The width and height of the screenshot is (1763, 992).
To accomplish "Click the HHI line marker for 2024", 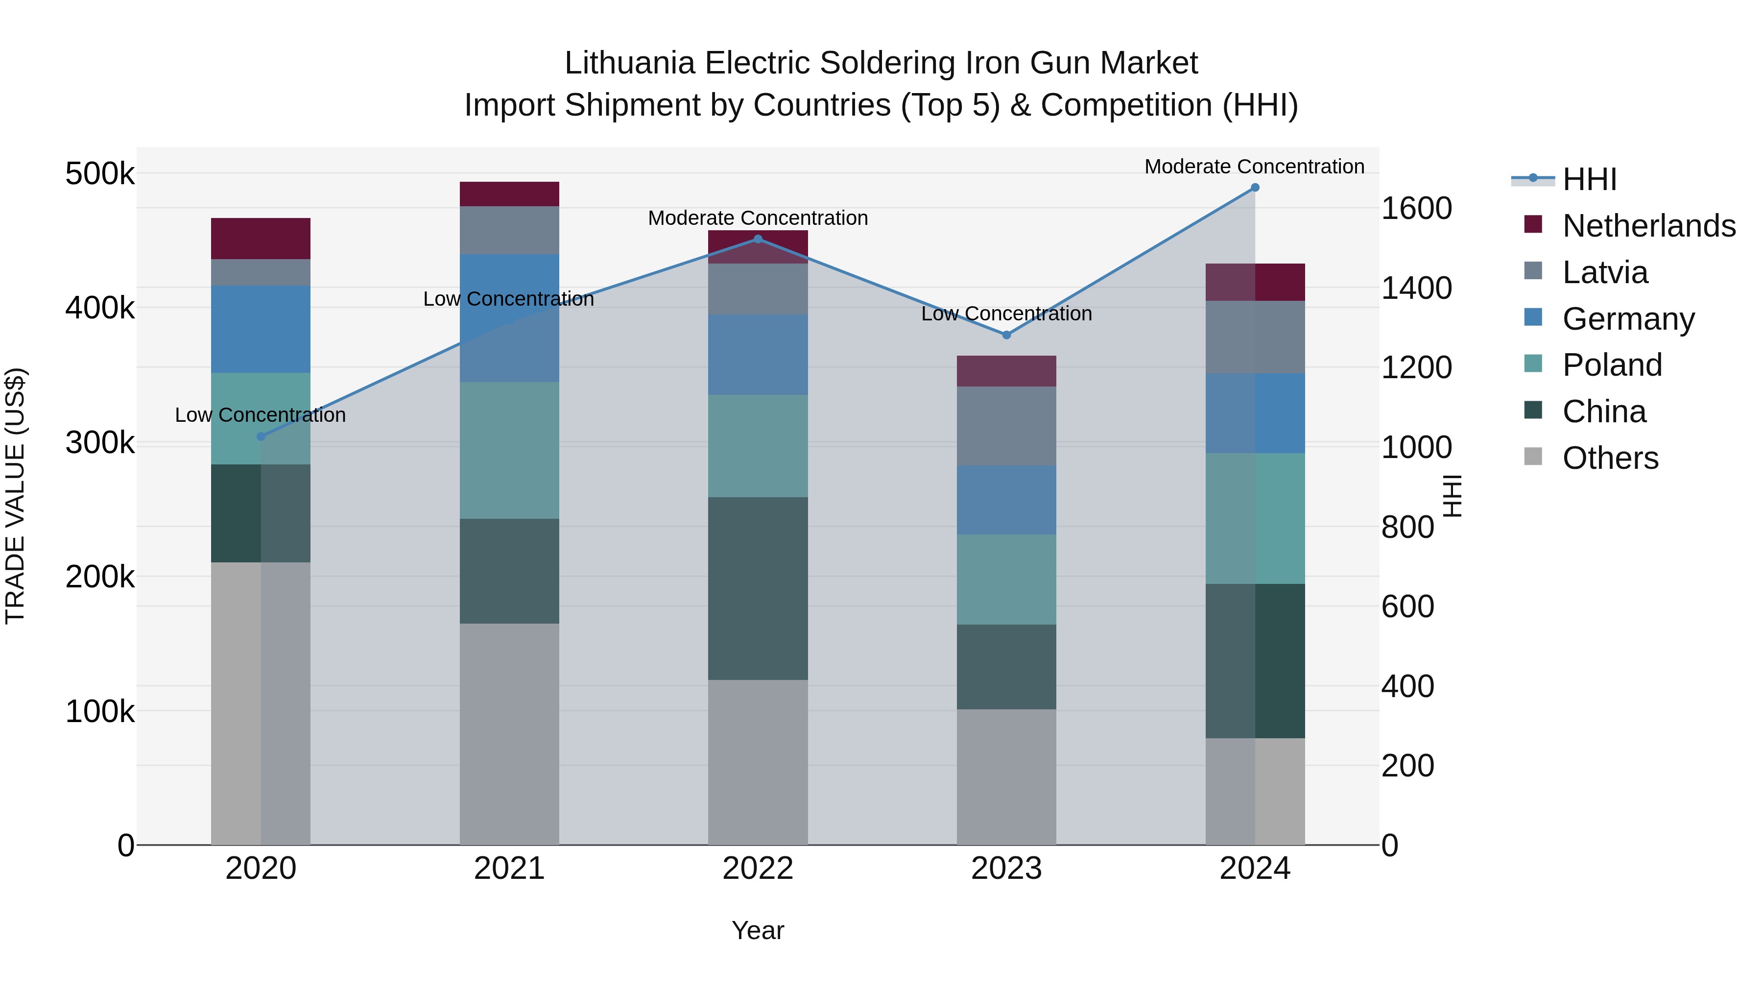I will [1255, 188].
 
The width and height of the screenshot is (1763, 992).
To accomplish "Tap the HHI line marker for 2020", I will [261, 437].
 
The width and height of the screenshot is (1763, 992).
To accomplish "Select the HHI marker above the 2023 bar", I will [1006, 335].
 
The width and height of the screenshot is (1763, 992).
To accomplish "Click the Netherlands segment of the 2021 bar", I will [509, 194].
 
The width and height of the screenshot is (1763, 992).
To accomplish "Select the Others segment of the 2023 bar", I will [1006, 776].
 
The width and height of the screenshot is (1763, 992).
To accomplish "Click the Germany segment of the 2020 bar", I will [261, 329].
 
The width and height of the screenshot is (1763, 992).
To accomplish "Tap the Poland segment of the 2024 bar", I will [1255, 518].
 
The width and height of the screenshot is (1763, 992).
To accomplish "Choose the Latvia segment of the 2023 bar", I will [1006, 426].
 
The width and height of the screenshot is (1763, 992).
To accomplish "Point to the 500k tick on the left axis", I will [100, 174].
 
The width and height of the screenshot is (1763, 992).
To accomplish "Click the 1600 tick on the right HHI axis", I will [1416, 208].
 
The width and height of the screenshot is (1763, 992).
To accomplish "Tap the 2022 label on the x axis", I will [758, 869].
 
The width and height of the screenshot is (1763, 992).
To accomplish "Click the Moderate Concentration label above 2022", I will [758, 218].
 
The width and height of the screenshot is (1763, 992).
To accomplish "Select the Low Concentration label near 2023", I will [1006, 314].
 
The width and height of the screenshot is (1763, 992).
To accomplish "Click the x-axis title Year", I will [758, 930].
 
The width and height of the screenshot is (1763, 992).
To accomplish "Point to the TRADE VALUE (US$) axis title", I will [15, 496].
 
